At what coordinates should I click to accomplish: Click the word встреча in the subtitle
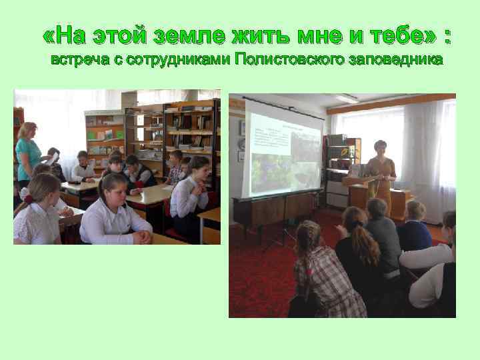click(78, 60)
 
